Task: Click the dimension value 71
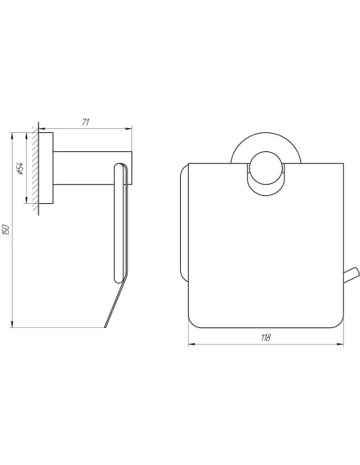click(x=85, y=122)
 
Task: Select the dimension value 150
click(x=7, y=230)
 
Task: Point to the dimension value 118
click(x=266, y=337)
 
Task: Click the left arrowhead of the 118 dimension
click(x=192, y=344)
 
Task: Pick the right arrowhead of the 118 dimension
click(x=340, y=344)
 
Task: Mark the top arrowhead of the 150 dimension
click(x=12, y=135)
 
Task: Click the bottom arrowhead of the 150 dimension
click(x=12, y=324)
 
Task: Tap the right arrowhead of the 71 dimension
click(x=129, y=129)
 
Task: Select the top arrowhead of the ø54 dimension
click(x=27, y=135)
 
